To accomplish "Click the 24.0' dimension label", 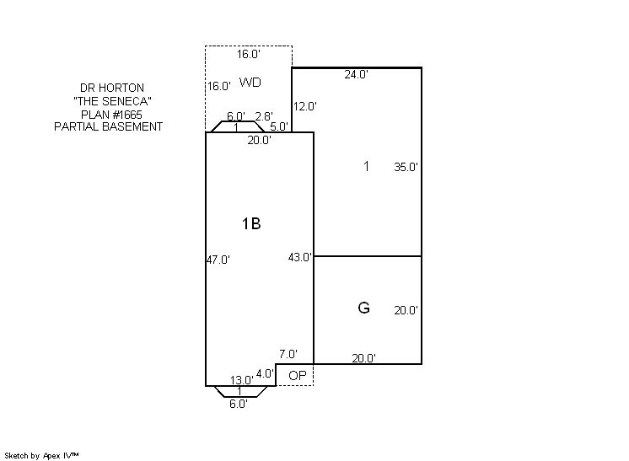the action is [356, 74].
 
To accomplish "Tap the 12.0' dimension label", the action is [305, 107].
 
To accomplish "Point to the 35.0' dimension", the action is [406, 167].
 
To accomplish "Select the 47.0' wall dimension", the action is [218, 260].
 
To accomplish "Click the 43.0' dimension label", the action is [300, 257].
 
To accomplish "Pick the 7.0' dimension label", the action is [288, 354].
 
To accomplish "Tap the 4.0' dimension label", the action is [265, 373].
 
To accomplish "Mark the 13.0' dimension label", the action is [241, 380].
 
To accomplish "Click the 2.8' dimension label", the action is [264, 116].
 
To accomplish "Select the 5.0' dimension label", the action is [279, 126].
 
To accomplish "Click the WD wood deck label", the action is [250, 83].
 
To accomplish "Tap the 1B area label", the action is [251, 223].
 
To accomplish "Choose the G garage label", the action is [363, 308].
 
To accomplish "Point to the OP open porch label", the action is [298, 376].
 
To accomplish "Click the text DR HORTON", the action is [112, 88].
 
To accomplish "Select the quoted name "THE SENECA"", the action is [112, 101].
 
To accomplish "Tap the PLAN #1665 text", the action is [111, 115].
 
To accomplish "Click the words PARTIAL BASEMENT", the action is [108, 126].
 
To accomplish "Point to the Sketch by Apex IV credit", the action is [41, 456].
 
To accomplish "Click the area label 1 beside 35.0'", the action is [366, 166].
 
